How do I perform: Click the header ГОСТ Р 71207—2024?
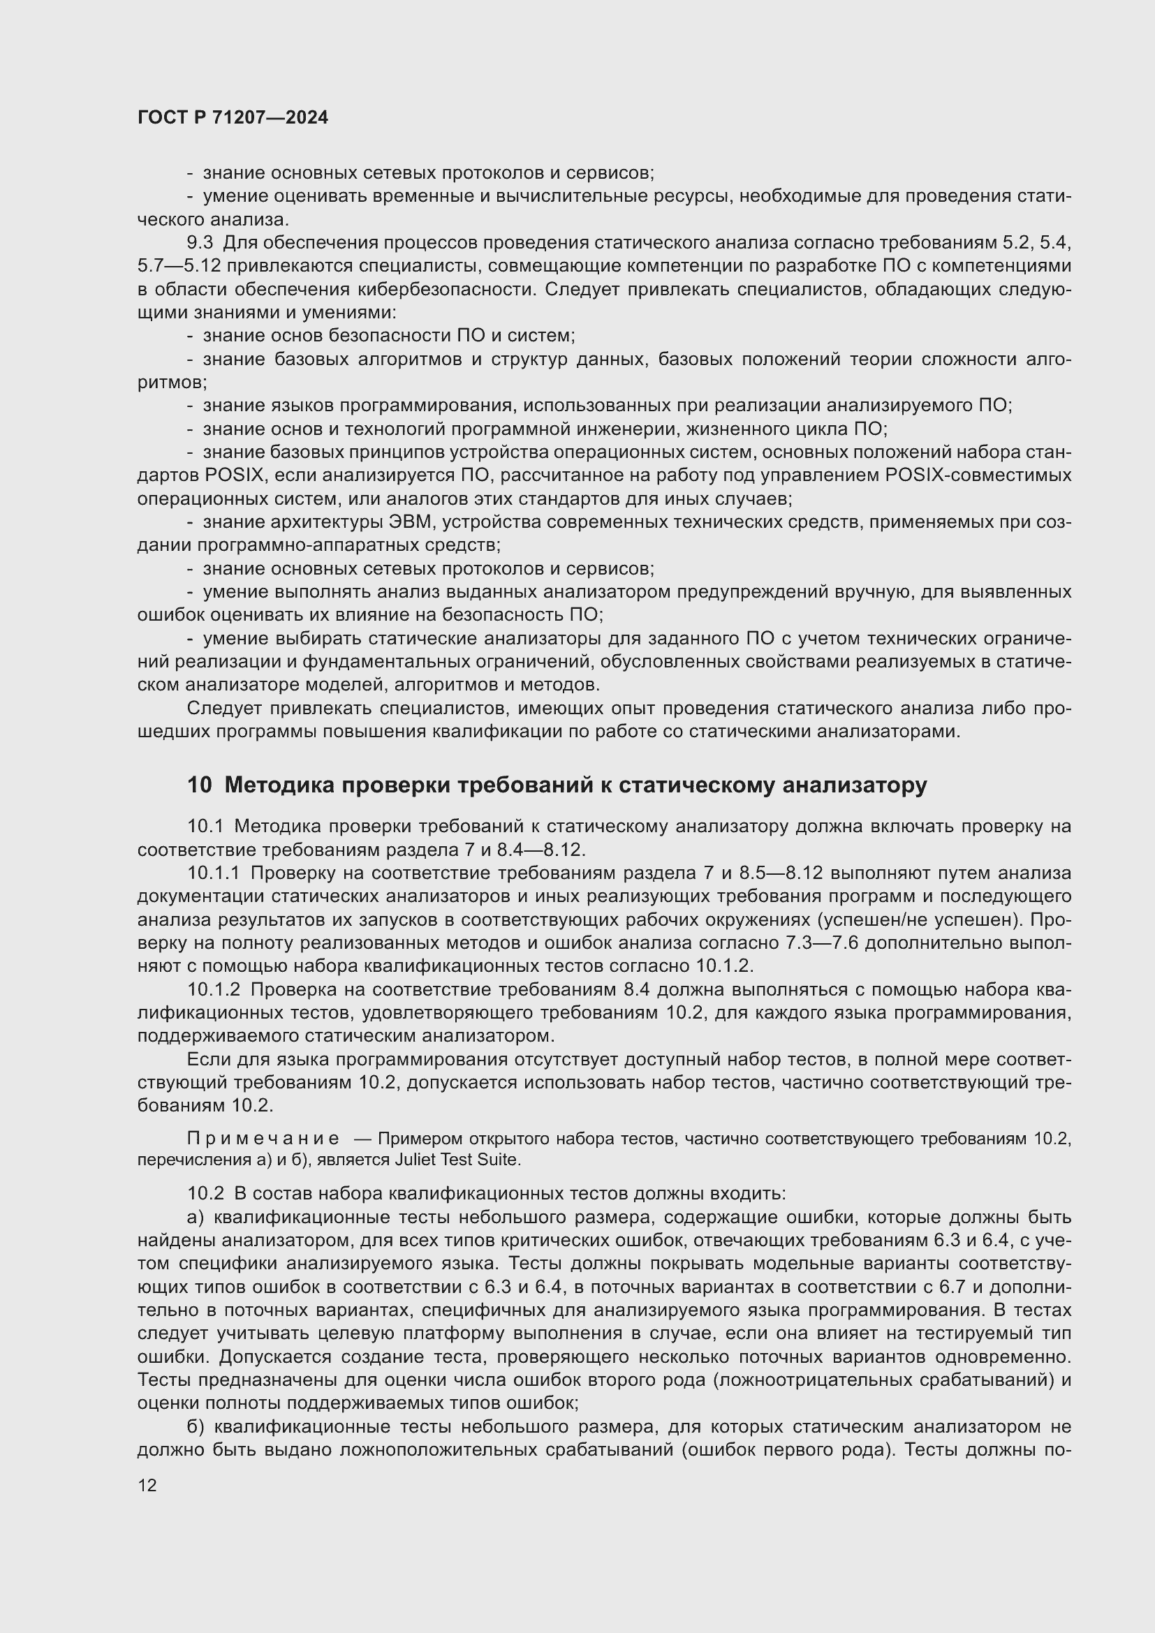pyautogui.click(x=233, y=118)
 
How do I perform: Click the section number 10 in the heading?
pyautogui.click(x=199, y=785)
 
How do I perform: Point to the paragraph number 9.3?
pyautogui.click(x=200, y=242)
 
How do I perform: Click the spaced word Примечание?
pyautogui.click(x=263, y=1139)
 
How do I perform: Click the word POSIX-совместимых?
pyautogui.click(x=978, y=475)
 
